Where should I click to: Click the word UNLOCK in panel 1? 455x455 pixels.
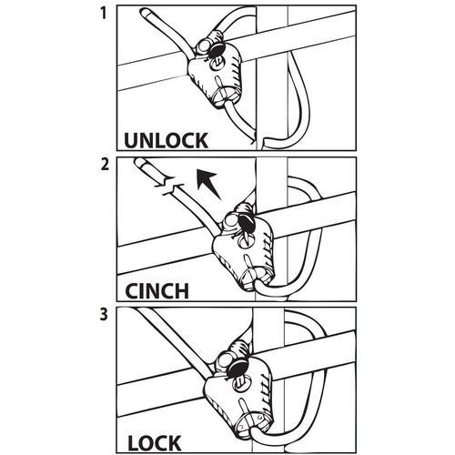[x=167, y=140]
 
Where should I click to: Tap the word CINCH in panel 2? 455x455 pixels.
[x=157, y=291]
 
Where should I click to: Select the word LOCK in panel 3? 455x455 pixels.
[x=155, y=443]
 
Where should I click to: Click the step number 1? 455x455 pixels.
[x=104, y=14]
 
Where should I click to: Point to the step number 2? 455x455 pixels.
[x=105, y=164]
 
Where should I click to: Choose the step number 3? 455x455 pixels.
[x=104, y=314]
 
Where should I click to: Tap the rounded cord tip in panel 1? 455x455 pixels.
[x=144, y=13]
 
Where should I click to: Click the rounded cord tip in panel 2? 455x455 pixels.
[x=139, y=162]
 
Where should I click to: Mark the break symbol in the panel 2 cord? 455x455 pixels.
[x=168, y=184]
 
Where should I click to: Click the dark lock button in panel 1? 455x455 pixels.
[x=217, y=48]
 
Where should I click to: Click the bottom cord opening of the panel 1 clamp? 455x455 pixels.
[x=225, y=96]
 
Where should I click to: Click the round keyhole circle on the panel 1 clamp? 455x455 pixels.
[x=217, y=64]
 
